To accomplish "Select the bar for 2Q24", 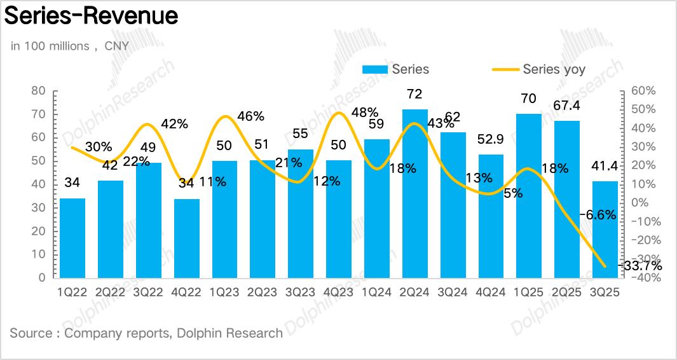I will pos(414,193).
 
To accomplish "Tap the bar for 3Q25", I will pos(605,230).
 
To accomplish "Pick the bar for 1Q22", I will pos(72,238).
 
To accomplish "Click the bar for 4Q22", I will pos(186,239).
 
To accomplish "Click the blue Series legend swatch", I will pos(375,69).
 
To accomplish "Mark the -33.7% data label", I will pos(641,266).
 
